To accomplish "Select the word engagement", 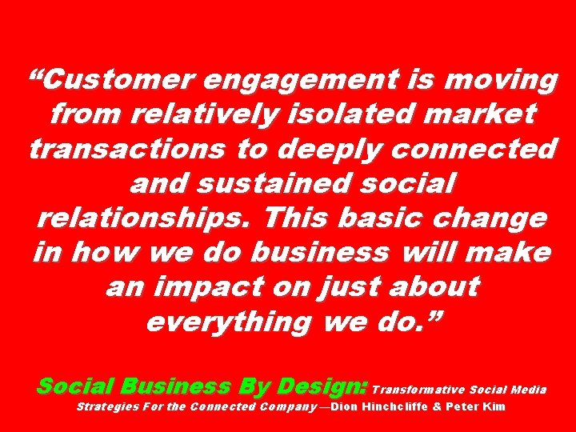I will pyautogui.click(x=312, y=81).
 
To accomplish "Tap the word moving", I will pyautogui.click(x=494, y=81).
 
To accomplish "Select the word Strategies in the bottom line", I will pyautogui.click(x=108, y=407).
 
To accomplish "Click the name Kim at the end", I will pyautogui.click(x=496, y=407).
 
